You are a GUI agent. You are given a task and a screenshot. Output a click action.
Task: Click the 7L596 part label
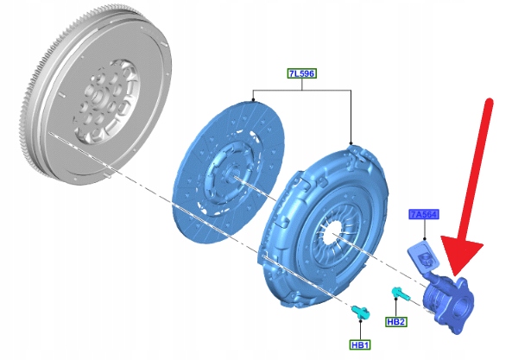click(301, 73)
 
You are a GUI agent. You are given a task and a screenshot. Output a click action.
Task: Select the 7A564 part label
click(424, 214)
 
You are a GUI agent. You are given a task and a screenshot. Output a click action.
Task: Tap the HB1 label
click(360, 344)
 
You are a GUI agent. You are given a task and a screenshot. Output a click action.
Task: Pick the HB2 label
click(396, 322)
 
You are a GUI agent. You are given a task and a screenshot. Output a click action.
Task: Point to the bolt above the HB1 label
click(361, 312)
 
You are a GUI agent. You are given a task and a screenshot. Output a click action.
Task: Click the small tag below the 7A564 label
click(422, 256)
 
